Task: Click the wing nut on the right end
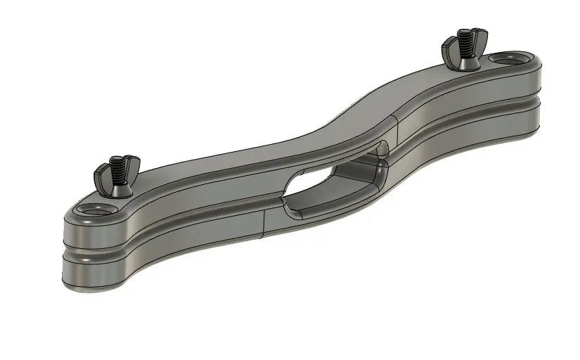pyautogui.click(x=461, y=50)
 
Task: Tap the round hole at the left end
pyautogui.click(x=94, y=210)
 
